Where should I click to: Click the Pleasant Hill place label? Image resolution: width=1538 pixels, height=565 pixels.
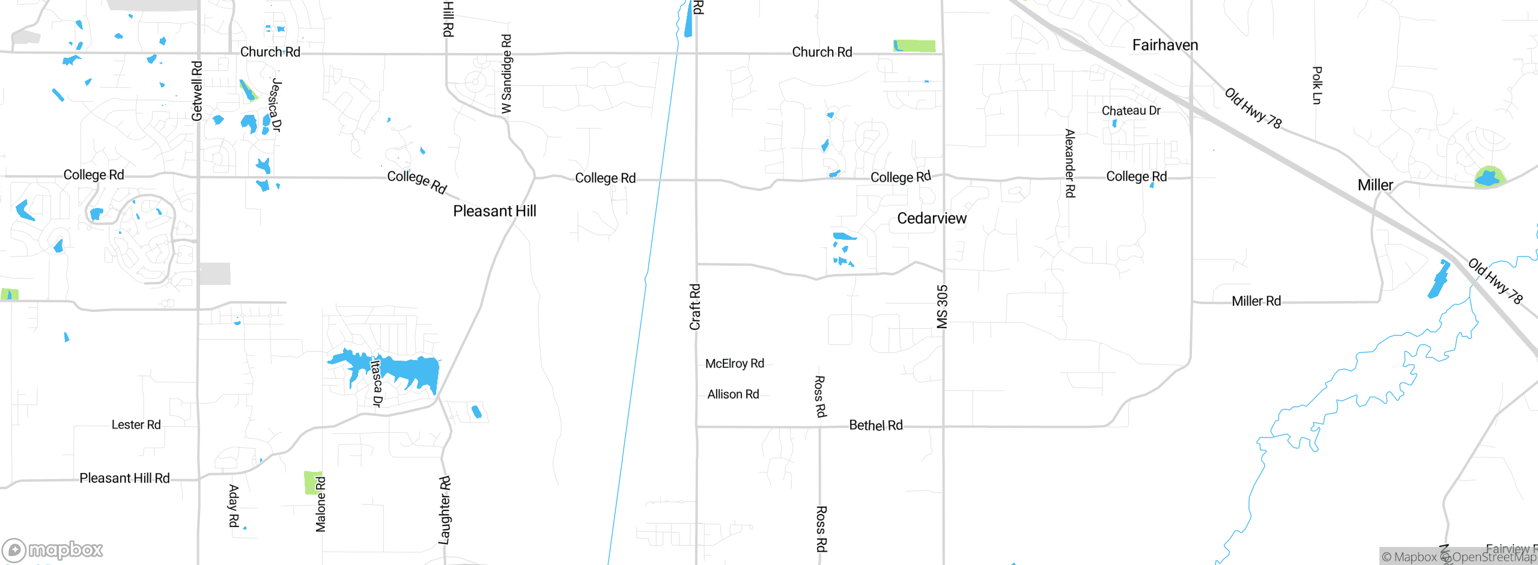[494, 211]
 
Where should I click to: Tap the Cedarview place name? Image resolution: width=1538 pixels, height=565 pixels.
[932, 218]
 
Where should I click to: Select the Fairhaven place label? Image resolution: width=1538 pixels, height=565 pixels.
[1165, 45]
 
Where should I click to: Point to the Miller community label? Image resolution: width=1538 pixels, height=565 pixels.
[1375, 185]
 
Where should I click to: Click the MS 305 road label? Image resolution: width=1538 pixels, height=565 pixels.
[942, 307]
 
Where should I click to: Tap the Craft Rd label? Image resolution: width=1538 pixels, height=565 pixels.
[695, 307]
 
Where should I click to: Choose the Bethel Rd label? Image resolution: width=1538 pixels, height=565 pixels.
[875, 426]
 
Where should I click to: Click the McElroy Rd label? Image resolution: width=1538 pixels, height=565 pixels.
[734, 364]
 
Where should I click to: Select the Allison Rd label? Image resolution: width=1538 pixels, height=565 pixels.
[733, 394]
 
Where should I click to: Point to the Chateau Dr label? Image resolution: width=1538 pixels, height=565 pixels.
[1131, 111]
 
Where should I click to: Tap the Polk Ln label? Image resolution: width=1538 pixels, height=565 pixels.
[1316, 85]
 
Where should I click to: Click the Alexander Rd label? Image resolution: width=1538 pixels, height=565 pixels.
[1069, 163]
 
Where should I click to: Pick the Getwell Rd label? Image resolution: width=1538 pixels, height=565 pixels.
[197, 91]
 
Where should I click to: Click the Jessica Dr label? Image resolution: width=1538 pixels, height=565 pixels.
[275, 105]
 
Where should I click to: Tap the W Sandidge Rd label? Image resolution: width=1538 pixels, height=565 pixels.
[506, 74]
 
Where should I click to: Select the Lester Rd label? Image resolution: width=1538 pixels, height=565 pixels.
[136, 425]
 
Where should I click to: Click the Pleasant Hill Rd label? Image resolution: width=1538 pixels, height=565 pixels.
[124, 478]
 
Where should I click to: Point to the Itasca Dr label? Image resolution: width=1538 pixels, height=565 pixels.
[377, 383]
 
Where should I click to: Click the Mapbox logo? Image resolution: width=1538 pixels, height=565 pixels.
[52, 550]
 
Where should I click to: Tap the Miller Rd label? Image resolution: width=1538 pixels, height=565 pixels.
[1256, 301]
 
